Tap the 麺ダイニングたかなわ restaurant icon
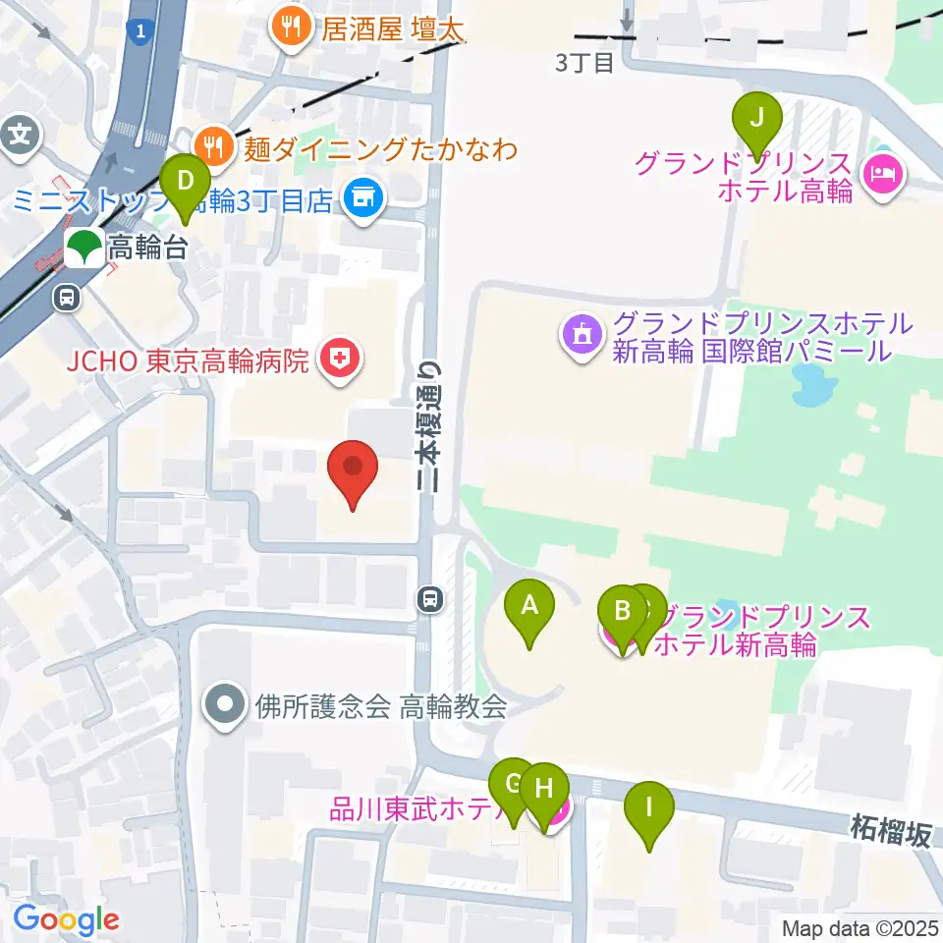[212, 146]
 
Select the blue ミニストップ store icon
[362, 200]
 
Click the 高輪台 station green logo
[83, 247]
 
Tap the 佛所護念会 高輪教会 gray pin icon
[225, 705]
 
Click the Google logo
[66, 919]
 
